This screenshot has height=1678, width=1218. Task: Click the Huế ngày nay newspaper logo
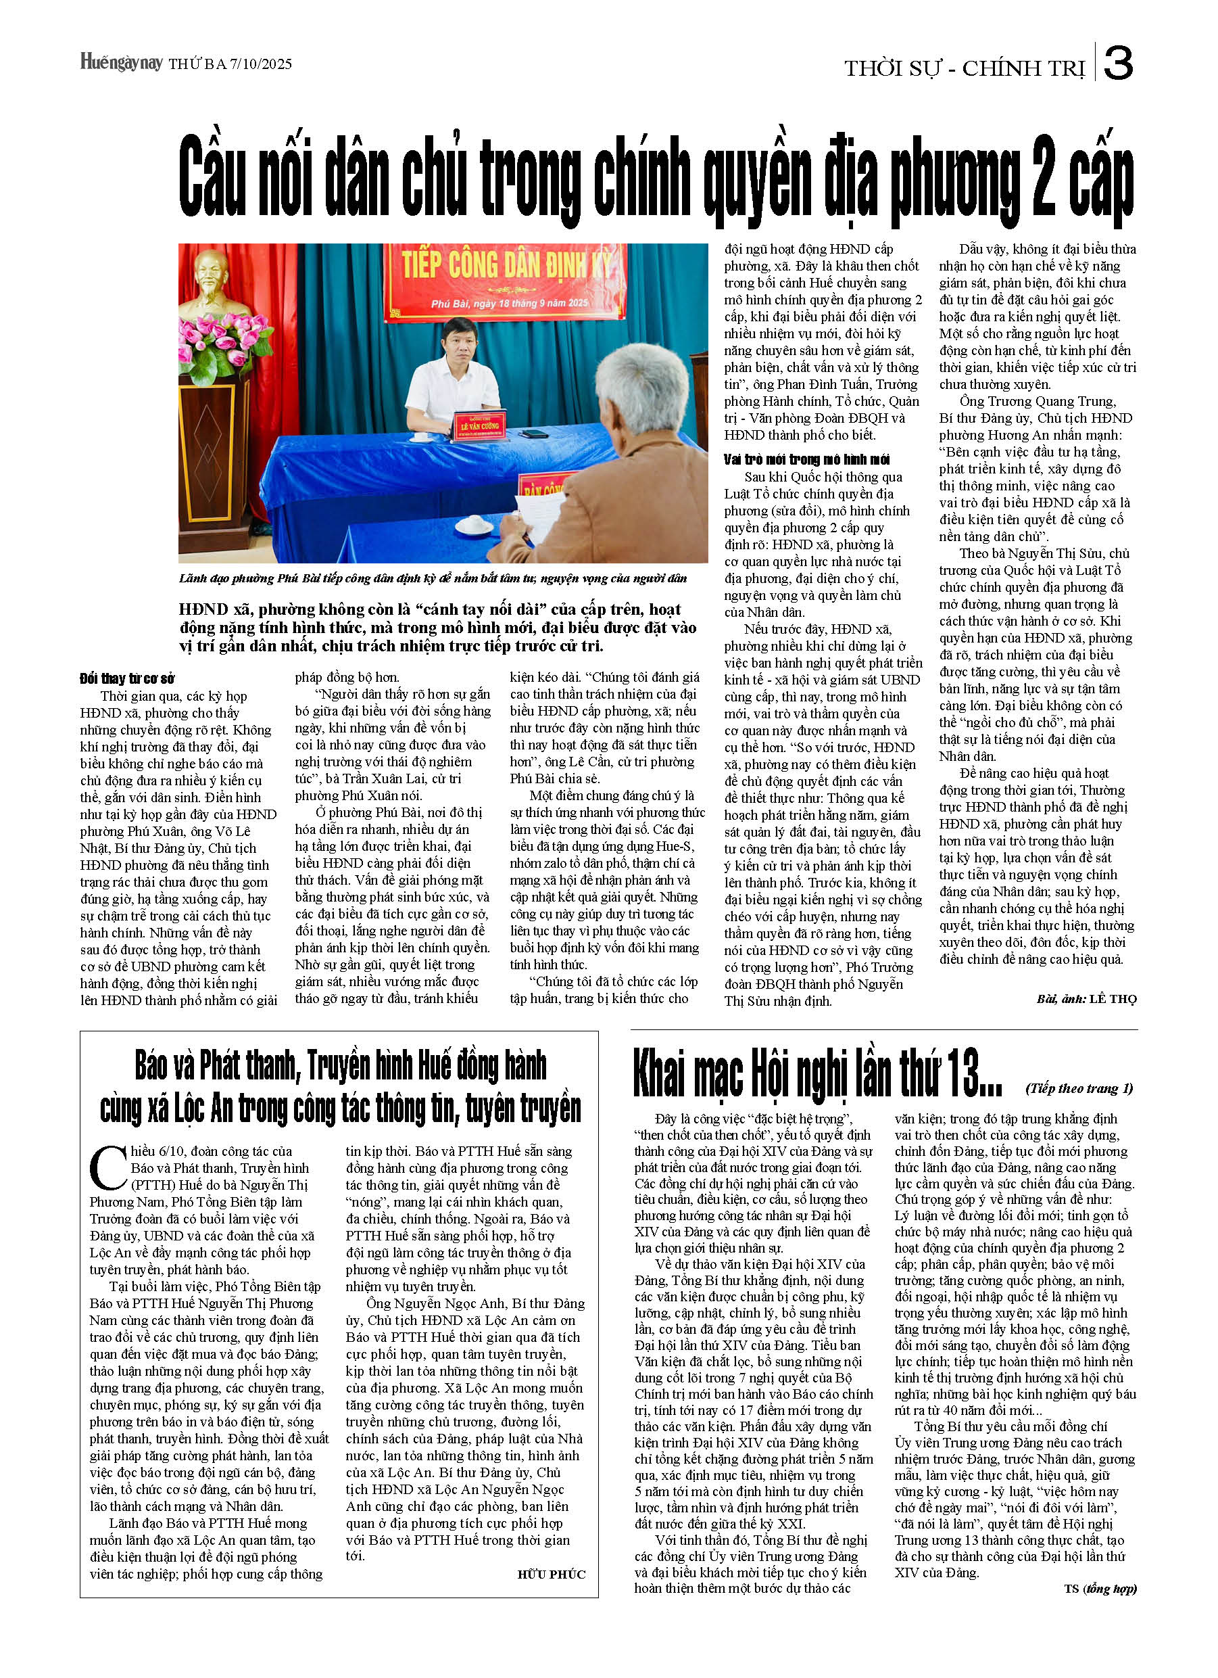[120, 62]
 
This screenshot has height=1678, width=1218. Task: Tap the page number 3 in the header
[1117, 64]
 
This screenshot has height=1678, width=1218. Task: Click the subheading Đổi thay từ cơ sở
[127, 679]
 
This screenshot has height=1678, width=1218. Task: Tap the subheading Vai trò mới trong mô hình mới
[806, 459]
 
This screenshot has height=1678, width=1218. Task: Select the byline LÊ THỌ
[1113, 999]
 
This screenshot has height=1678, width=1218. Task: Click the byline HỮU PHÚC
[551, 1575]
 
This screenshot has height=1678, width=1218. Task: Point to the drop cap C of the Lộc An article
[108, 1167]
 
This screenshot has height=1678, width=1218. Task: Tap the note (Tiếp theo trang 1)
[1079, 1088]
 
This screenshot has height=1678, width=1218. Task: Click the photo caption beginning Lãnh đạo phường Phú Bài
[433, 578]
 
